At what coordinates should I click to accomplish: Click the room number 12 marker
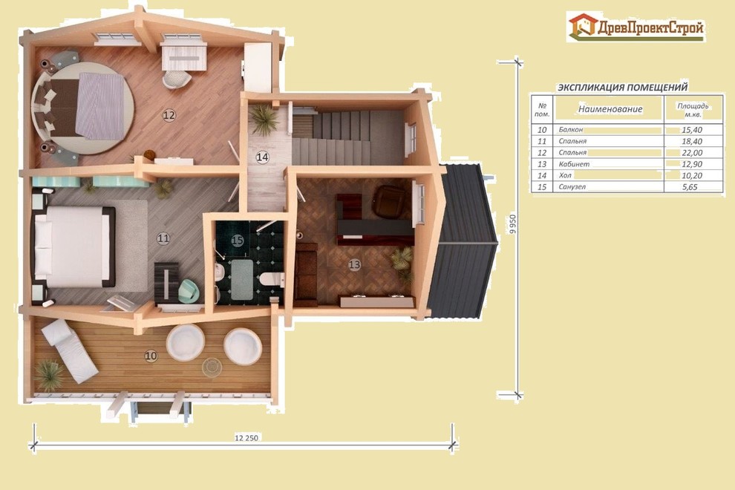169,115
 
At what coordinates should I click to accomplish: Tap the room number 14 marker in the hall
262,157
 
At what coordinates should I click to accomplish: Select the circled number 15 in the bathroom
237,241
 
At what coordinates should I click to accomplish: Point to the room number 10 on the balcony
151,356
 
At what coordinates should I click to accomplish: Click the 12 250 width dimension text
246,438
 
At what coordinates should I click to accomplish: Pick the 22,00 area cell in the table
692,153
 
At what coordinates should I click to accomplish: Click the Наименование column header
610,109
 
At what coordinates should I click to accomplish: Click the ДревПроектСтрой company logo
636,27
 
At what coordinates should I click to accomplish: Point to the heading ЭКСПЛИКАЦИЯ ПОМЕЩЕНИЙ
622,87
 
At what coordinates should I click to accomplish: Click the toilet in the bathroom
272,279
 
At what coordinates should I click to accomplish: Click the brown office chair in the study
390,200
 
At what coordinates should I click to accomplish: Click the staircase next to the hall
347,137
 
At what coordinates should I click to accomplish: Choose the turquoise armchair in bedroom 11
189,291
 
